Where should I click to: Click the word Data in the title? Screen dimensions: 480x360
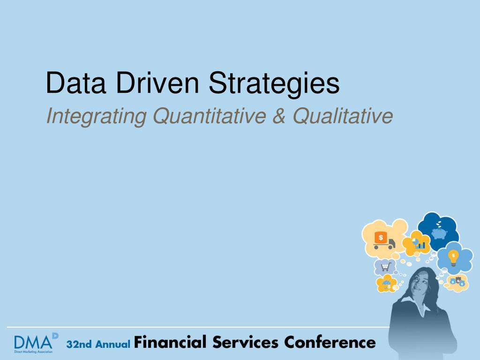(x=76, y=82)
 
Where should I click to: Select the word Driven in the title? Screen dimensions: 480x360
(x=157, y=82)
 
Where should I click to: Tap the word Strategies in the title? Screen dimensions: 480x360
(x=274, y=84)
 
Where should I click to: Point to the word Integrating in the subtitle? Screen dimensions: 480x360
(x=96, y=117)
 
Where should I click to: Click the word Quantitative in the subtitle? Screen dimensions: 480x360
(x=210, y=116)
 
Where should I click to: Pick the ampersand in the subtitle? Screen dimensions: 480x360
(x=279, y=116)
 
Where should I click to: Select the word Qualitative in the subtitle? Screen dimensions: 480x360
(x=343, y=116)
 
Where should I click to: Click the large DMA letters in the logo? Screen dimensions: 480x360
(x=33, y=342)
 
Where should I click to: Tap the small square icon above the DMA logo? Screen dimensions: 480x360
(x=55, y=336)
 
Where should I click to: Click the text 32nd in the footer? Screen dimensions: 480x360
(x=79, y=344)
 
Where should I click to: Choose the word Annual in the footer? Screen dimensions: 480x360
(x=113, y=344)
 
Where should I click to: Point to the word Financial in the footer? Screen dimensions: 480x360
(x=170, y=342)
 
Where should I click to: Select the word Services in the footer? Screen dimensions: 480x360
(x=246, y=342)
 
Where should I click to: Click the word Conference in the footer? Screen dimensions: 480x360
(x=330, y=342)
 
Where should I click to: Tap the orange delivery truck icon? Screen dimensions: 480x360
(x=384, y=240)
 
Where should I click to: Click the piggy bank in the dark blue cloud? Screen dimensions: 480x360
(x=439, y=233)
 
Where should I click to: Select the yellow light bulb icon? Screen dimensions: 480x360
(x=453, y=258)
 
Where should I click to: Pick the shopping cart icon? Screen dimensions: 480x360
(x=386, y=267)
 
